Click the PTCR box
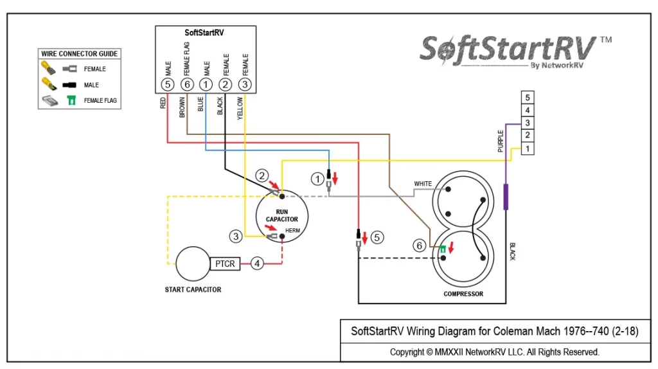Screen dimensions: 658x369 tap(225, 264)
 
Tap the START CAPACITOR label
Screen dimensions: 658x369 tap(193, 290)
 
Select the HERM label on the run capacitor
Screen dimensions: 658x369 tap(292, 231)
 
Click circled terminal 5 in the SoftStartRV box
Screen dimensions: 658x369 tap(168, 84)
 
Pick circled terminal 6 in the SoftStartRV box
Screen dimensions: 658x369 tap(187, 84)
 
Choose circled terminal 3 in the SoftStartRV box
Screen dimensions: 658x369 tap(245, 84)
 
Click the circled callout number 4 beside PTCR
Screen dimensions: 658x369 tap(257, 264)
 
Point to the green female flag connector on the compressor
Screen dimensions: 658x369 tap(443, 249)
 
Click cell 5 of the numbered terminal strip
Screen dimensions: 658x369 tap(528, 97)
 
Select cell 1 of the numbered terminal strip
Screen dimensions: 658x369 tap(528, 148)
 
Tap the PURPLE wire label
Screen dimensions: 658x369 tap(500, 141)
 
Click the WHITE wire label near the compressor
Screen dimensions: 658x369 tap(423, 183)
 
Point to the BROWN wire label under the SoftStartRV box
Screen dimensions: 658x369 tap(182, 107)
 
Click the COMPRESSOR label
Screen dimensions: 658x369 tap(463, 294)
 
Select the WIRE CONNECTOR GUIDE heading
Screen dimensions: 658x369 tap(79, 54)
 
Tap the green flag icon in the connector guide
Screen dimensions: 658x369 tap(72, 100)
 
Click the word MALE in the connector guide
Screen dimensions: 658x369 tap(91, 85)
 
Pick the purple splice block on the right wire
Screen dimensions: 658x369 tap(506, 197)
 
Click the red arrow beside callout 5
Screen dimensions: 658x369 tap(365, 238)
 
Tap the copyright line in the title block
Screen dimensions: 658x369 tap(494, 352)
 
